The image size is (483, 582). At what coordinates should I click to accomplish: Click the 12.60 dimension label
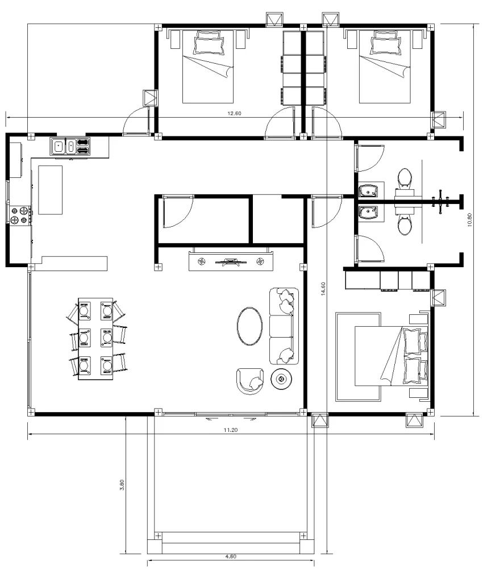tap(235, 113)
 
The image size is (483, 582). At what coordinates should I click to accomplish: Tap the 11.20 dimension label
tap(230, 430)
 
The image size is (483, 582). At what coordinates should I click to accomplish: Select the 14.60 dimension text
tap(323, 289)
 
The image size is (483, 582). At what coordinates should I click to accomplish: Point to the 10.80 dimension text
tap(469, 219)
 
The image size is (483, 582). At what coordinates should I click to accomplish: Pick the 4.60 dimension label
tap(230, 556)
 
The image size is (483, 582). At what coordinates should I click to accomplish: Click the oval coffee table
tap(249, 326)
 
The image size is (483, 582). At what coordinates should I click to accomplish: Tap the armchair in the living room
tap(250, 381)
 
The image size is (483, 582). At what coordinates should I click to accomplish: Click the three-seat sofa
tap(284, 326)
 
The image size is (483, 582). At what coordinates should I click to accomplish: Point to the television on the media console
tap(230, 261)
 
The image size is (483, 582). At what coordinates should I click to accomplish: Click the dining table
tap(95, 339)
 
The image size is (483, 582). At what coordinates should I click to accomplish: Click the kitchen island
tap(50, 189)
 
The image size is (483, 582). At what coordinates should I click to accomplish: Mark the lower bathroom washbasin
tap(370, 212)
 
